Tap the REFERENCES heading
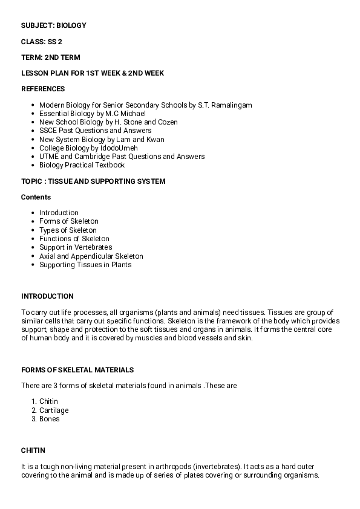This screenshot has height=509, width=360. point(43,89)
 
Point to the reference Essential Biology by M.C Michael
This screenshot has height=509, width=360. point(93,114)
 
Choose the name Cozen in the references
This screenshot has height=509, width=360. point(167,122)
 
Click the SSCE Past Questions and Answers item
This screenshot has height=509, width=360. point(96,131)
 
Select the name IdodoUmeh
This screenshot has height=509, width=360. point(119,148)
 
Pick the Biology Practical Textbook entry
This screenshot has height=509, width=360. point(82,165)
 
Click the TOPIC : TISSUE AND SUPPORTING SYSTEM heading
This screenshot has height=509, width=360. point(93,181)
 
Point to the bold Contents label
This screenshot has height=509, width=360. point(36,197)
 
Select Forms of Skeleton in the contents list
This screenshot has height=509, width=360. point(69,221)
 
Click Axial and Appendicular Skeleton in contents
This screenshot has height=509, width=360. point(91,256)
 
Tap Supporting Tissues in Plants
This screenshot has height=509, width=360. point(85,265)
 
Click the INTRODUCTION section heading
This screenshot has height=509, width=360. point(47,296)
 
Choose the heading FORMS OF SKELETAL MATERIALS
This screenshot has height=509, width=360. point(77,370)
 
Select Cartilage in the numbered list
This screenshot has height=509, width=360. point(54,410)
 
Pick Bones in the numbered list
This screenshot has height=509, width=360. point(50,419)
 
